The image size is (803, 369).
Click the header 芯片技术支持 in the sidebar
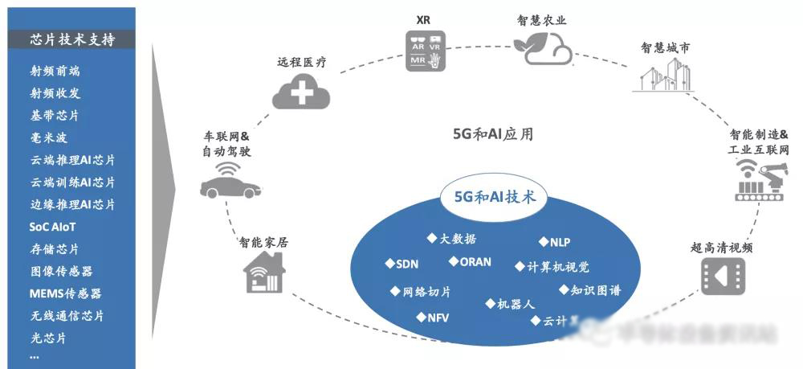tap(71, 39)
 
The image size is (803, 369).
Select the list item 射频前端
tap(55, 71)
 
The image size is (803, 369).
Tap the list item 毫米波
tap(49, 137)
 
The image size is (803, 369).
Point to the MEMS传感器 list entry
tap(65, 293)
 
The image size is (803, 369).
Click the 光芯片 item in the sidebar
tap(48, 338)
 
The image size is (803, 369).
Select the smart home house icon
tap(264, 273)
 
